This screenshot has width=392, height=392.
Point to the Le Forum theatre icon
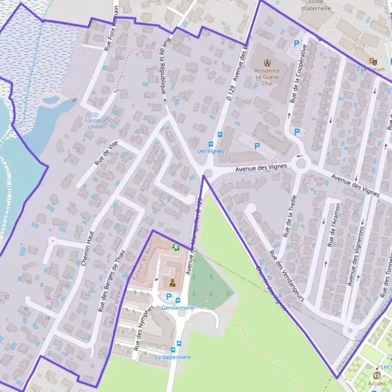coord(373,61)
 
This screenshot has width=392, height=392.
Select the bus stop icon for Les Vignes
coord(210,143)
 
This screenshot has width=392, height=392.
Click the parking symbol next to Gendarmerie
coord(168,297)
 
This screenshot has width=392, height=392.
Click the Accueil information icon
coord(376,375)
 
